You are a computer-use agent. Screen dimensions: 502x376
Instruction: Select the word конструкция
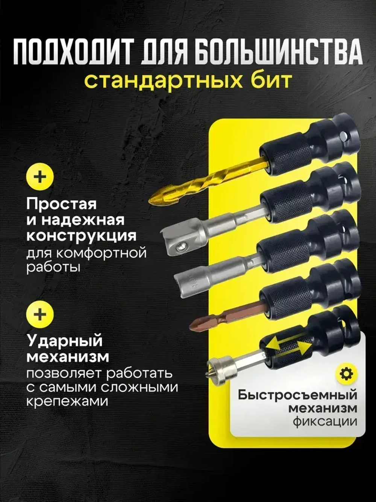81,236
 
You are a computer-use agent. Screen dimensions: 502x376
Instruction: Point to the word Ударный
64,341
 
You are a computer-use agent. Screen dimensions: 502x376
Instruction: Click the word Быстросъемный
297,395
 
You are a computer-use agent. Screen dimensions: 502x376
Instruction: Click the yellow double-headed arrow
284,346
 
